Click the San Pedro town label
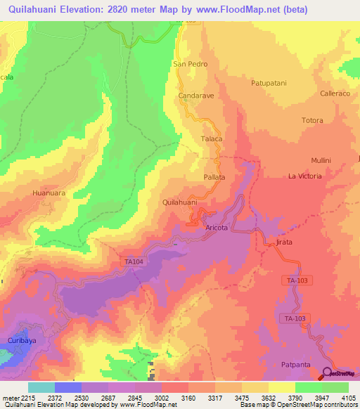click(189, 63)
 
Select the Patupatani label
click(269, 83)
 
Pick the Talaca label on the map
click(212, 139)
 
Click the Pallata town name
click(214, 177)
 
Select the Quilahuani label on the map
click(179, 202)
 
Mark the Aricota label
click(217, 228)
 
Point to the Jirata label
click(283, 242)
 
